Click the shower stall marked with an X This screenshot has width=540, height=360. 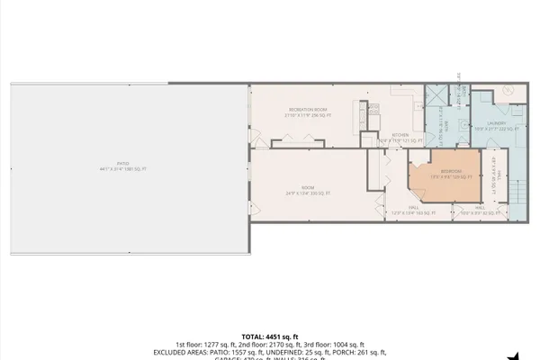(435, 97)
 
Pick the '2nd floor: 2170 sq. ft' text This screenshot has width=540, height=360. (270, 344)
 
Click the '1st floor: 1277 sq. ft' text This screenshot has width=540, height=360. (206, 344)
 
